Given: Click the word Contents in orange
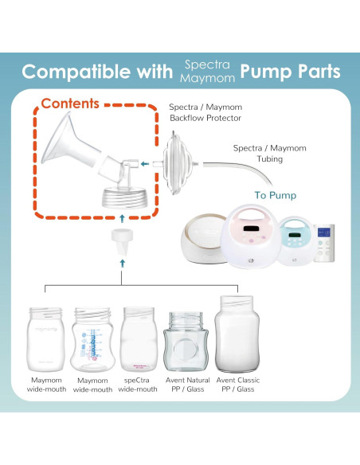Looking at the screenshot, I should tap(69, 104).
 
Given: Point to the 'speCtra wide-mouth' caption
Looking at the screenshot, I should tap(139, 385).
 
